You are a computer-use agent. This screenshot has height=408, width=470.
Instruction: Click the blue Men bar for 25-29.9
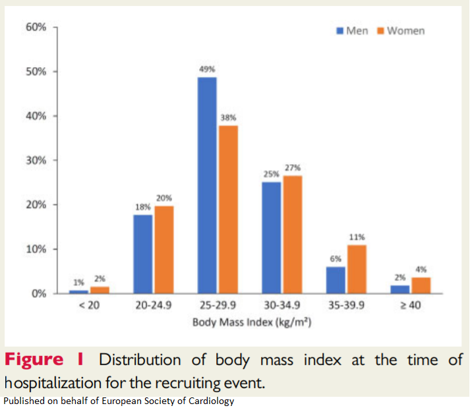click(206, 185)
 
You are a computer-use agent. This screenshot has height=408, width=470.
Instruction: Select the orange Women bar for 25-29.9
click(228, 209)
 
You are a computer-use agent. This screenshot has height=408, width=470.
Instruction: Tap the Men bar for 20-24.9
click(142, 254)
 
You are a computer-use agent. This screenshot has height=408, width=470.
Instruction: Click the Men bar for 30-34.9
click(271, 237)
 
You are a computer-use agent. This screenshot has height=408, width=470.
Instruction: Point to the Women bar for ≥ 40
click(421, 285)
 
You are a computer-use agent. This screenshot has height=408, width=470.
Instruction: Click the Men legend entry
click(352, 31)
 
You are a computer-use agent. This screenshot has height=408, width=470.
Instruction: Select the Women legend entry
click(400, 31)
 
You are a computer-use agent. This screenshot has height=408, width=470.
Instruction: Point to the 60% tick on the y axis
click(36, 27)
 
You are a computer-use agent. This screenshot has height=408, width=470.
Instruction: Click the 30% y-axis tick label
click(36, 160)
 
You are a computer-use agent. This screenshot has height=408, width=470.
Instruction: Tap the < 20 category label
click(88, 306)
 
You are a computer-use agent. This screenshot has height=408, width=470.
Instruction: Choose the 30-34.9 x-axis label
click(281, 306)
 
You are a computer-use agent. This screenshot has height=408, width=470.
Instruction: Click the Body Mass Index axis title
click(251, 323)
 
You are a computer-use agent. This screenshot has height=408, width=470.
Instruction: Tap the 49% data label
click(207, 69)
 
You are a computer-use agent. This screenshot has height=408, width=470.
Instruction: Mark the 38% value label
click(228, 117)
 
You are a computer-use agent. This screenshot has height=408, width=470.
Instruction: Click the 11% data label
click(357, 237)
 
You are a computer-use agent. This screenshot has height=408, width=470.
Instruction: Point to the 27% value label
click(293, 167)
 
